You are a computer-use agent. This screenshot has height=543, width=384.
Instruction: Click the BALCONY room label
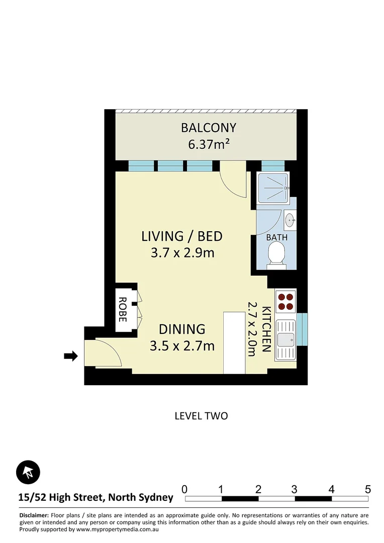[x=208, y=128]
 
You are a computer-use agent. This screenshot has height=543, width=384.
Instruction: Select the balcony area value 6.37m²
[x=209, y=145]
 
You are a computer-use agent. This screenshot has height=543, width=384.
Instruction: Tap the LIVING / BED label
[x=181, y=236]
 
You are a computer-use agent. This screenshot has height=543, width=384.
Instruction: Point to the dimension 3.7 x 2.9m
[x=182, y=252]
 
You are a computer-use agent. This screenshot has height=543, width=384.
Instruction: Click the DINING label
[x=182, y=329]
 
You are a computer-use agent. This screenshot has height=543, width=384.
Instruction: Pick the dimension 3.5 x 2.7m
[x=182, y=346]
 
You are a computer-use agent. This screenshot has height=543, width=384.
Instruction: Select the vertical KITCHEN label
[x=266, y=329]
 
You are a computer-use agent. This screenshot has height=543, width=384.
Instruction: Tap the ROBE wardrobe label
[x=123, y=310]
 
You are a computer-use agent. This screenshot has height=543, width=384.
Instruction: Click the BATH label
[x=276, y=237]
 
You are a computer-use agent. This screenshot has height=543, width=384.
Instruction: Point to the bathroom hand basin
[x=290, y=219]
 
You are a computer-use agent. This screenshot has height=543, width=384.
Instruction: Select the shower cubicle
[x=273, y=188]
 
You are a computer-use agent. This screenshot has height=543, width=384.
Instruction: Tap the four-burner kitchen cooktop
[x=285, y=301]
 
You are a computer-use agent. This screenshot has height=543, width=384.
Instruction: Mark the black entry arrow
[x=71, y=356]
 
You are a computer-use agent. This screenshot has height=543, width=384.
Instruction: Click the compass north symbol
[x=28, y=472]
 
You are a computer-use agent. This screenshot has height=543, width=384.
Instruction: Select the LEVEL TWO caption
[x=201, y=416]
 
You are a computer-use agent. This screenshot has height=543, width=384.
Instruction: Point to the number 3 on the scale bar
[x=295, y=489]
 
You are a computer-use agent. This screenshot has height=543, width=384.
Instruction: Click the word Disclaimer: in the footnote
[x=34, y=516]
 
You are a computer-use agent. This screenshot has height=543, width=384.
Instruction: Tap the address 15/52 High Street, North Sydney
[x=95, y=498]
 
